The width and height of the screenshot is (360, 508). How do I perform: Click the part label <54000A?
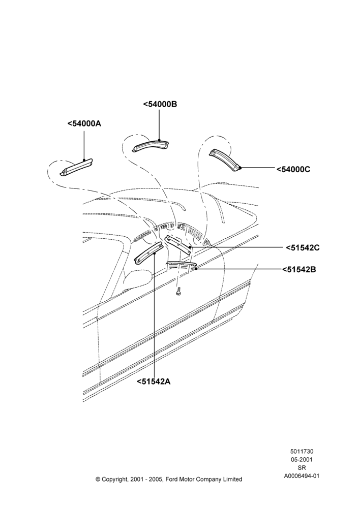pyautogui.click(x=84, y=123)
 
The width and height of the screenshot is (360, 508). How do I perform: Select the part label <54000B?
pyautogui.click(x=160, y=104)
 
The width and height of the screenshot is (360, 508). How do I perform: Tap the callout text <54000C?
pyautogui.click(x=293, y=169)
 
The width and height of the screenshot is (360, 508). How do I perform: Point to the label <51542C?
pyautogui.click(x=303, y=247)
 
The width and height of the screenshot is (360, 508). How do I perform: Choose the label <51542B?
pyautogui.click(x=298, y=269)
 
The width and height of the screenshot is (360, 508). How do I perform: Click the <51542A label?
pyautogui.click(x=154, y=382)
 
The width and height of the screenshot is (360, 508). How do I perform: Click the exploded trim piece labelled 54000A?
pyautogui.click(x=76, y=168)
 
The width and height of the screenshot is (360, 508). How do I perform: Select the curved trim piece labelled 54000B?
pyautogui.click(x=151, y=146)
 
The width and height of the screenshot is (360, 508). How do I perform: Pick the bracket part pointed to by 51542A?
pyautogui.click(x=148, y=253)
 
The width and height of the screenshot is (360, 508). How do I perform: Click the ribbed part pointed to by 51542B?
pyautogui.click(x=182, y=265)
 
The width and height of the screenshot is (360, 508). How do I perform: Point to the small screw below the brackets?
pyautogui.click(x=178, y=292)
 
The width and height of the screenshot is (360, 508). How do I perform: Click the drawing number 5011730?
pyautogui.click(x=302, y=451)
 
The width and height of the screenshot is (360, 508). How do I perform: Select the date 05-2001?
pyautogui.click(x=302, y=459)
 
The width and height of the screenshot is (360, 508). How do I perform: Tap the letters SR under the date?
pyautogui.click(x=302, y=467)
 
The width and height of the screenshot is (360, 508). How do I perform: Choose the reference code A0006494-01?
pyautogui.click(x=302, y=476)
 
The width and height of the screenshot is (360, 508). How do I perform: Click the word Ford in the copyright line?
pyautogui.click(x=172, y=479)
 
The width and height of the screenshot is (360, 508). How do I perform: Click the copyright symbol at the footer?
pyautogui.click(x=98, y=479)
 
